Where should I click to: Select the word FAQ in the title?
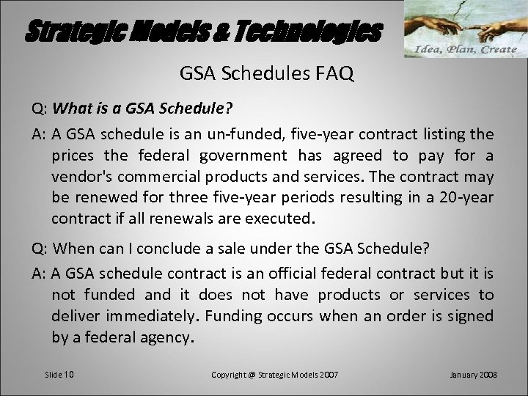click(331, 74)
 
